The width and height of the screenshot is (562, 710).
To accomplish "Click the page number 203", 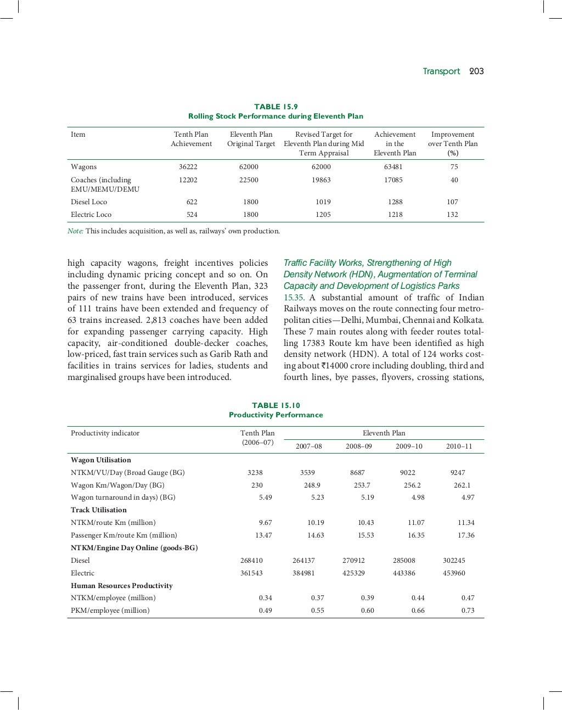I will click(x=476, y=71).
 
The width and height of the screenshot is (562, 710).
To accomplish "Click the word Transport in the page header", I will click(x=441, y=71).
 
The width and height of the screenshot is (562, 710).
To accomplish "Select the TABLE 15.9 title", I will click(x=276, y=107).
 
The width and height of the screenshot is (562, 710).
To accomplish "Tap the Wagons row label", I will click(x=83, y=167).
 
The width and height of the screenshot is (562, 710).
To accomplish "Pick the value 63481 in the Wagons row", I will click(x=394, y=167).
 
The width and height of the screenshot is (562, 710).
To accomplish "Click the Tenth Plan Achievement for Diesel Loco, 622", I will click(x=192, y=202).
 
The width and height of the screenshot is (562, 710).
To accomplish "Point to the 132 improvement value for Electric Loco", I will click(x=452, y=215).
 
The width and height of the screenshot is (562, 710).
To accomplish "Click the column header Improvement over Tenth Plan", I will click(x=453, y=143).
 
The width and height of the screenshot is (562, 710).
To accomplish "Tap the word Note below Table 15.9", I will click(x=75, y=231).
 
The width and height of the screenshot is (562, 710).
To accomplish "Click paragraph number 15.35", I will click(x=294, y=298).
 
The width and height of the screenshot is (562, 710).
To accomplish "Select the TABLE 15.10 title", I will click(x=276, y=405).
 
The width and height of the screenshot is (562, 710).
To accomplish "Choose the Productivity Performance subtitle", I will click(x=276, y=415).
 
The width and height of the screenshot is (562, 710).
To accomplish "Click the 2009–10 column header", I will click(x=409, y=446).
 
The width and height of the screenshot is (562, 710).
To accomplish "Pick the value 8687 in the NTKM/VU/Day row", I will click(x=357, y=473).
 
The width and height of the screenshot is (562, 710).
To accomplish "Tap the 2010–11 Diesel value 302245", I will click(x=454, y=561).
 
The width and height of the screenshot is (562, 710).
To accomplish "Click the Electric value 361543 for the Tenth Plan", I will click(x=251, y=573).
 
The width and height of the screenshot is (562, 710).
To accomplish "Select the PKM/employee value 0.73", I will click(x=468, y=611).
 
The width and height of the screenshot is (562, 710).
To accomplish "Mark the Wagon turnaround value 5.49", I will click(x=265, y=497).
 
